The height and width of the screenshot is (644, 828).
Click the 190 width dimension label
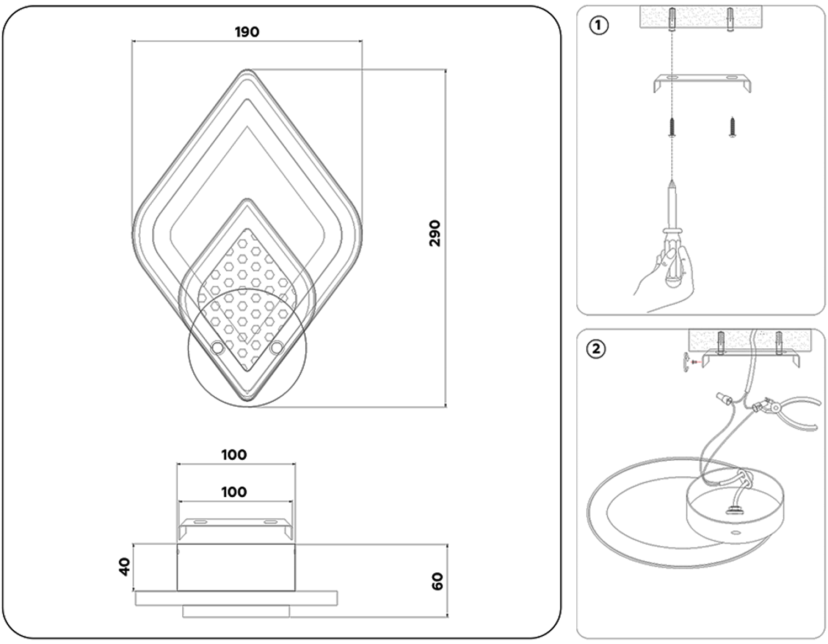pos(247,32)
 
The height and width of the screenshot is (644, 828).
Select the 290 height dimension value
pos(435,233)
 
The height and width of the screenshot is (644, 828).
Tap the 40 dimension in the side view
pos(125,567)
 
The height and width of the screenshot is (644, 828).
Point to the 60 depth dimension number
pos(437,582)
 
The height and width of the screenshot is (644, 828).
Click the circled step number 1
pos(599,25)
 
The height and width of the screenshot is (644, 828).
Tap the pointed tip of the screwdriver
pos(672,182)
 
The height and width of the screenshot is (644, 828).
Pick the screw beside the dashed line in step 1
pos(733,126)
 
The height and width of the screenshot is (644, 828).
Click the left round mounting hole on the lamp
pos(217,347)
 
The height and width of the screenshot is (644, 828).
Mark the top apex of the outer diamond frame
pos(247,70)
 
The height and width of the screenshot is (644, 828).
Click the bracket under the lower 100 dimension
pos(235,526)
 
